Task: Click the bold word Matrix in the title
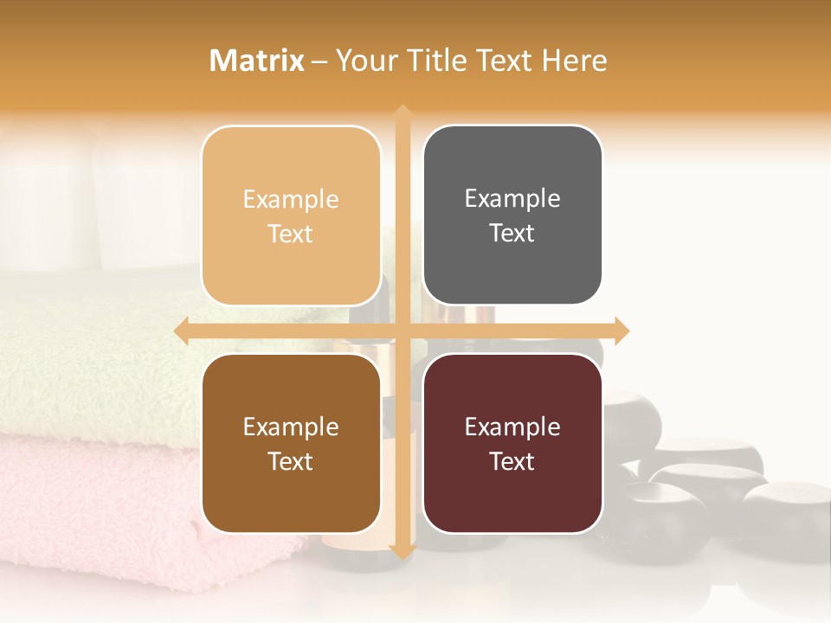257,61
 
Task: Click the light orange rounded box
291,215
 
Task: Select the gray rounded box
512,215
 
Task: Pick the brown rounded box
291,444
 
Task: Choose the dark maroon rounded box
512,444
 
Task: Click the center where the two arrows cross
402,331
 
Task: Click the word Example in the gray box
512,198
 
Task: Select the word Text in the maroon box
512,461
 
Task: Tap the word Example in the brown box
291,427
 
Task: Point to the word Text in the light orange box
291,234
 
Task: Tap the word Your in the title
364,61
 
